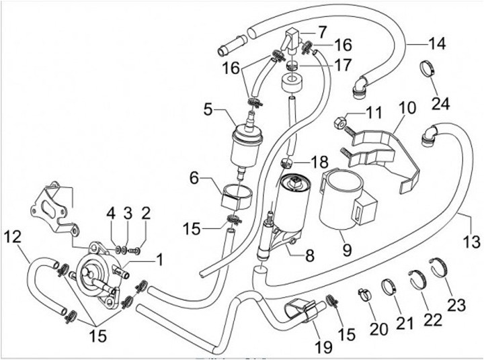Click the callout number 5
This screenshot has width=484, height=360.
tap(207, 107)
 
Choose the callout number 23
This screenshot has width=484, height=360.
tap(456, 305)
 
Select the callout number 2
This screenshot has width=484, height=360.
tap(145, 214)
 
